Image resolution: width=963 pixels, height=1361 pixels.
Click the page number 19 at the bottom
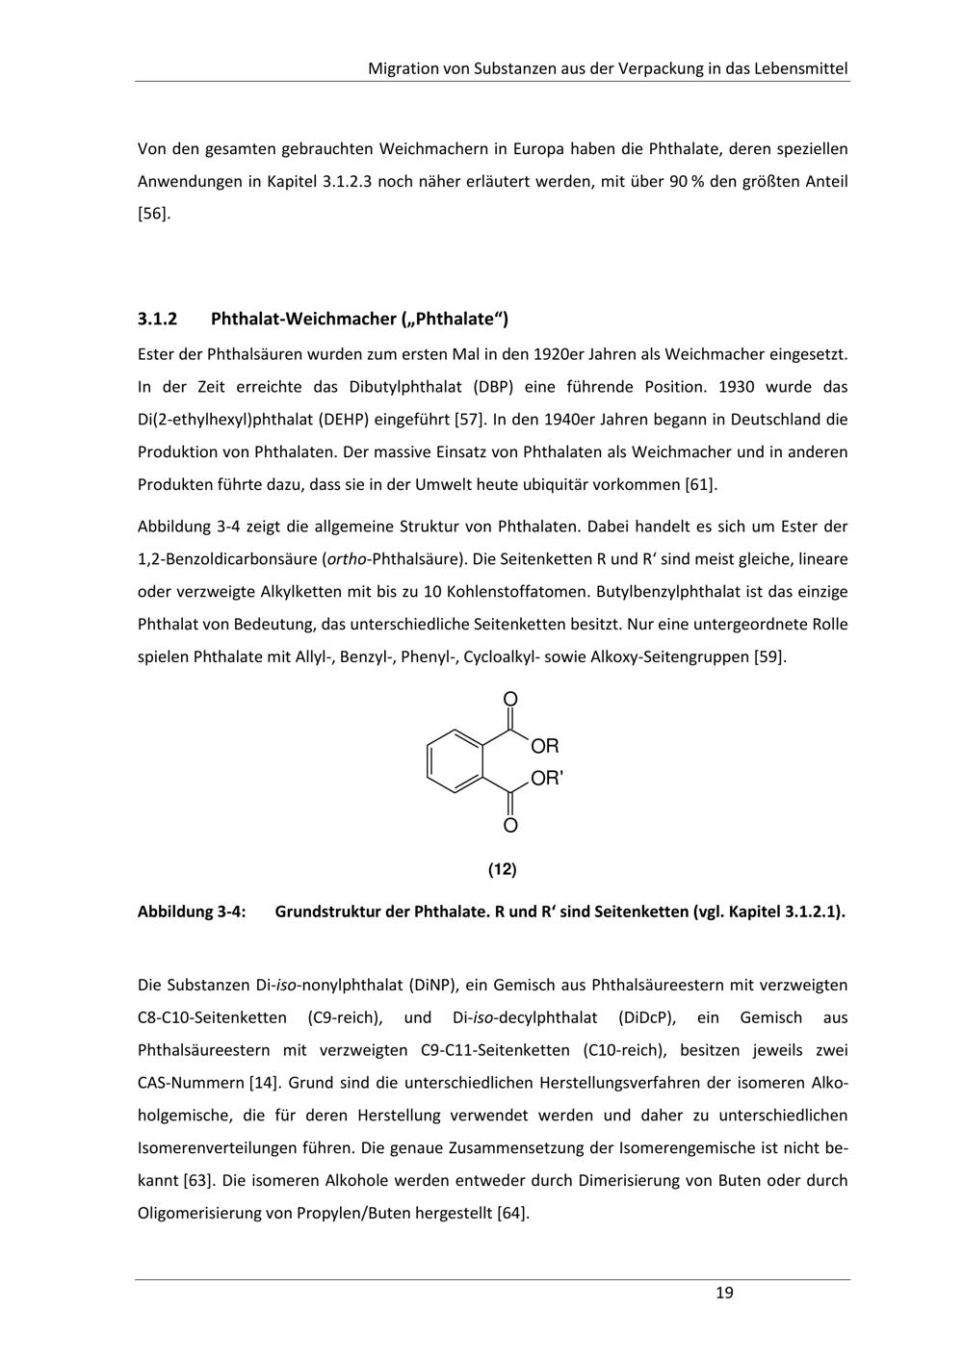[724, 1293]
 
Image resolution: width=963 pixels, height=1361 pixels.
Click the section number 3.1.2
[159, 319]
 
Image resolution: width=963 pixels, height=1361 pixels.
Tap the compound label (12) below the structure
[502, 869]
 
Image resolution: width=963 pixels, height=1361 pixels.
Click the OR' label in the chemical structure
[546, 779]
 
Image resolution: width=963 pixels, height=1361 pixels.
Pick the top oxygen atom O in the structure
[510, 699]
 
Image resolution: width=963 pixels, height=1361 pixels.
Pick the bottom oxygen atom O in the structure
[510, 826]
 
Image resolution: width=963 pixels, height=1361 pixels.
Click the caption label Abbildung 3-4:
[192, 912]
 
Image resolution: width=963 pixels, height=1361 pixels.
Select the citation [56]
[154, 213]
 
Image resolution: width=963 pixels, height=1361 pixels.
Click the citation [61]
[700, 484]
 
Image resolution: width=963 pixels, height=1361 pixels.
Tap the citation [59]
[769, 656]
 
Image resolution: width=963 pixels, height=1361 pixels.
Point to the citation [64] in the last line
[512, 1213]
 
